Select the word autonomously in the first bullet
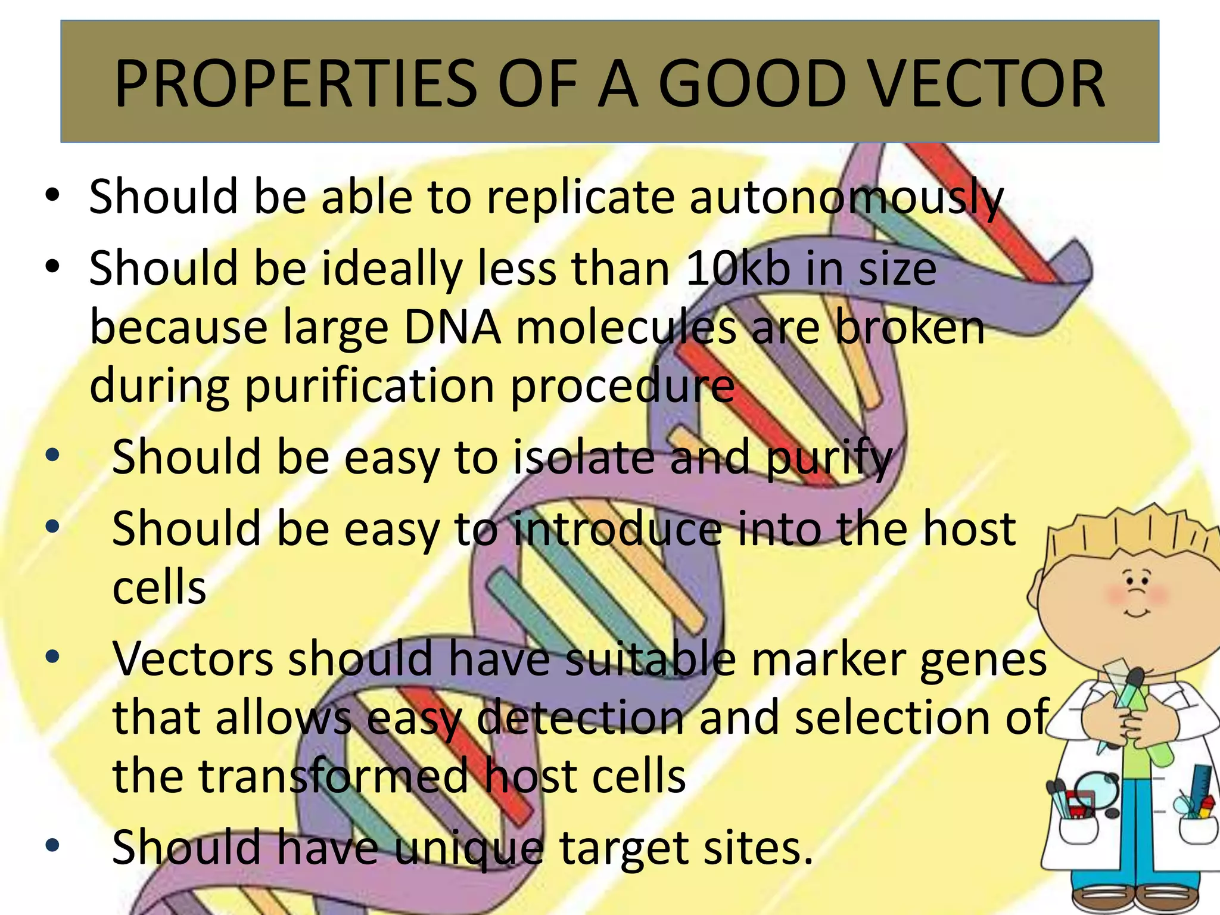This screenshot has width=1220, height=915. tap(846, 197)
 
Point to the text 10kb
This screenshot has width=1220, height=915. tap(739, 269)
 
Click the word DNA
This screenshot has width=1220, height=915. tap(452, 327)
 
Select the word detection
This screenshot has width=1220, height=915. tap(581, 718)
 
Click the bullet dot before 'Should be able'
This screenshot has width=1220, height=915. tap(52, 195)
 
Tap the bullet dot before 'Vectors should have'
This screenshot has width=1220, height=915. tap(52, 657)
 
